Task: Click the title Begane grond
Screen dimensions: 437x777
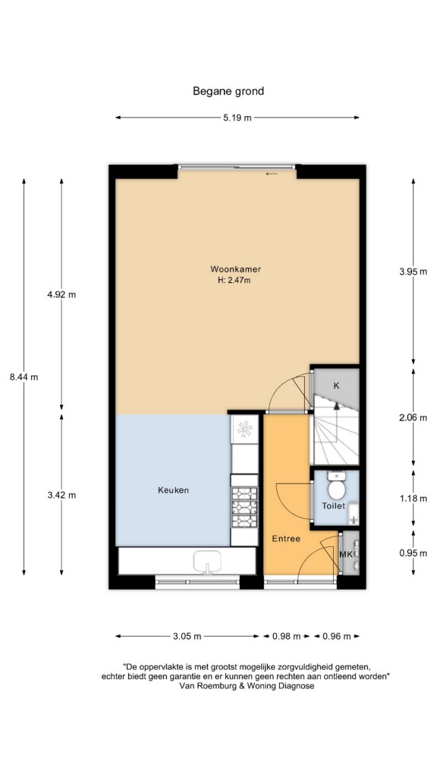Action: [x=228, y=91]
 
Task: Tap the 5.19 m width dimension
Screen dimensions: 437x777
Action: [x=237, y=118]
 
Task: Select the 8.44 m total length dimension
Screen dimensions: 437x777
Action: [x=24, y=376]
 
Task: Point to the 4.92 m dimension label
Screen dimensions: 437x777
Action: [x=61, y=294]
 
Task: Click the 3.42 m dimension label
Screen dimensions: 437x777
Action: [x=61, y=495]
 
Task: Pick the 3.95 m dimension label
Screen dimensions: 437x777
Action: [x=413, y=271]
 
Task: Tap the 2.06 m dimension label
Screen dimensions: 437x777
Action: [x=413, y=417]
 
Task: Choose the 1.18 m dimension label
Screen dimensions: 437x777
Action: [x=413, y=499]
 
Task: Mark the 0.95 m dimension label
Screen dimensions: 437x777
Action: [x=413, y=553]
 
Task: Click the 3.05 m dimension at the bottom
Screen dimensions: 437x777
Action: [x=187, y=637]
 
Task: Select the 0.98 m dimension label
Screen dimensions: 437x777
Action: [x=286, y=637]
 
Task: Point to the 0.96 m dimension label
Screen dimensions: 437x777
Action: [x=336, y=637]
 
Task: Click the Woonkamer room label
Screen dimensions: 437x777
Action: [x=235, y=269]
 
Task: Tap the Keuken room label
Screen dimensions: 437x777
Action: [x=174, y=490]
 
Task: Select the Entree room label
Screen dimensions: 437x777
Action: [x=286, y=539]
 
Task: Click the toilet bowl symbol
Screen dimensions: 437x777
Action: [x=337, y=485]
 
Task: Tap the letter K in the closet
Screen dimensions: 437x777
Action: [x=336, y=385]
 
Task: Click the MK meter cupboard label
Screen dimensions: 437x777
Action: [x=346, y=554]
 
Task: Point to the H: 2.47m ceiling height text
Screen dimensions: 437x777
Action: [x=235, y=281]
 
